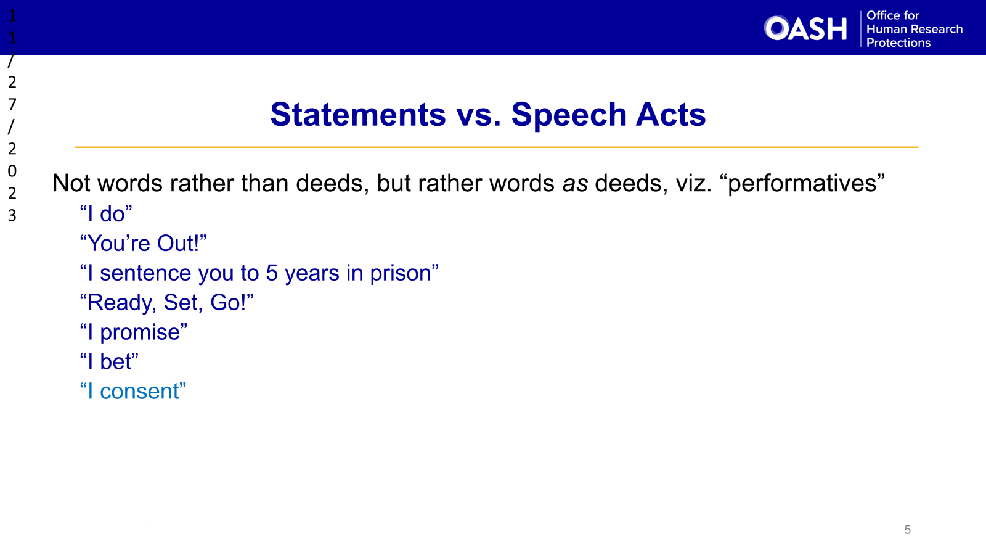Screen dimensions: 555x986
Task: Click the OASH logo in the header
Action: pyautogui.click(x=805, y=28)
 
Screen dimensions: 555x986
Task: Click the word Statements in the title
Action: pyautogui.click(x=358, y=115)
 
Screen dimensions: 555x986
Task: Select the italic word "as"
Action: pyautogui.click(x=574, y=184)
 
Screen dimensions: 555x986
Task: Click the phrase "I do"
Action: pyautogui.click(x=106, y=214)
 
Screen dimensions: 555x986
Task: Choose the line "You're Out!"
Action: pyautogui.click(x=143, y=244)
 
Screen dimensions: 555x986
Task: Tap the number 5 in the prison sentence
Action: pyautogui.click(x=272, y=273)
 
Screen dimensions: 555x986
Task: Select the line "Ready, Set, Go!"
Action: pyautogui.click(x=166, y=303)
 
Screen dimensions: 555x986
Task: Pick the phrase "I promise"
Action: pyautogui.click(x=134, y=332)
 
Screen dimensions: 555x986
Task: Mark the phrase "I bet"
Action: pyautogui.click(x=109, y=362)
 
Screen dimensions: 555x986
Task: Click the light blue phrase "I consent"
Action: pyautogui.click(x=133, y=392)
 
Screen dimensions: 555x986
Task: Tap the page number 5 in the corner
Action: pyautogui.click(x=907, y=530)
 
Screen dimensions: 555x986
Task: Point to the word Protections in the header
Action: pyautogui.click(x=898, y=43)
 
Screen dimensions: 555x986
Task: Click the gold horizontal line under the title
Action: pyautogui.click(x=496, y=147)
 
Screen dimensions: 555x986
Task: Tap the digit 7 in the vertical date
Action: pyautogui.click(x=12, y=104)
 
